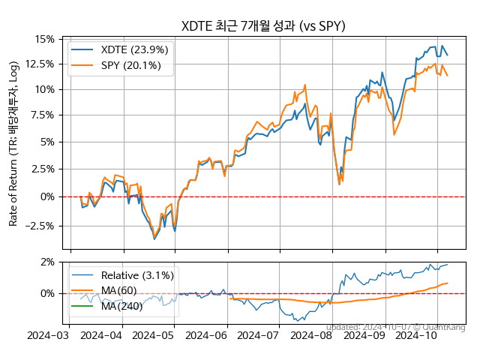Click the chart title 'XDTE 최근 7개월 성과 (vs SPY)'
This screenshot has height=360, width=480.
pos(263,26)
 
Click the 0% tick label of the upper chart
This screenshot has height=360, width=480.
pos(47,196)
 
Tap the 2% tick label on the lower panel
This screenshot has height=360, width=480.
pos(47,262)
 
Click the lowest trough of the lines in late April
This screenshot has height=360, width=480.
pos(154,238)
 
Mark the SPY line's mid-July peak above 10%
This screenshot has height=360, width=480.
pos(304,85)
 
